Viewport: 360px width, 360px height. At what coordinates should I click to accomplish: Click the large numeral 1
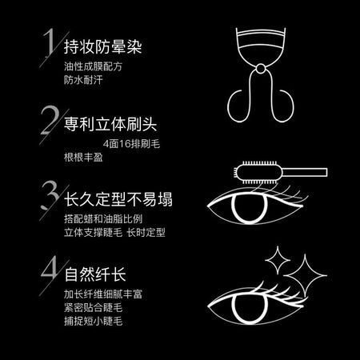point(50,42)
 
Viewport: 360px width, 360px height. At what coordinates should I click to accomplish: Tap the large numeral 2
point(50,120)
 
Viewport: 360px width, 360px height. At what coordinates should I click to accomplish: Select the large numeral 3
point(50,195)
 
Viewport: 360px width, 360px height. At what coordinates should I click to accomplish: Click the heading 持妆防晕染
point(102,46)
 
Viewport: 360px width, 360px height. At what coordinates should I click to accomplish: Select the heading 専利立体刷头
point(110,124)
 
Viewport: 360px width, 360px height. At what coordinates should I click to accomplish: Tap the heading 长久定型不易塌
point(118,199)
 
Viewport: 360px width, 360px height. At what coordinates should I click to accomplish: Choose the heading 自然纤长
point(95,274)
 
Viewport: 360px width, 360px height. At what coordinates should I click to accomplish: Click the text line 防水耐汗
point(83,80)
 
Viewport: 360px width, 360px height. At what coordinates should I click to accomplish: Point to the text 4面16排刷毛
point(131,144)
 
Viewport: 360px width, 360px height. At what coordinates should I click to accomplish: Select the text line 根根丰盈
point(83,157)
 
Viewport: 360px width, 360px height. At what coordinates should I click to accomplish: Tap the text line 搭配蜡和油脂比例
point(103,219)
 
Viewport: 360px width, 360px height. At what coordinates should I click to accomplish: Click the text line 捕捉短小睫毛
point(93,321)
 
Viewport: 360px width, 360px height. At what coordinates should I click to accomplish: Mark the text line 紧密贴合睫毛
point(93,307)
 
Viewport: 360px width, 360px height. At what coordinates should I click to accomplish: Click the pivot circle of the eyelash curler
point(261,69)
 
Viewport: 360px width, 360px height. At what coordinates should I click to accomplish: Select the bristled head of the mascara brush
point(258,172)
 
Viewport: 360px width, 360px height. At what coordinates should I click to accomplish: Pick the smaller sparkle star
point(278,260)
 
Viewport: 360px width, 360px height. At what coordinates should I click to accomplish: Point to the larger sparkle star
point(305,275)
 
